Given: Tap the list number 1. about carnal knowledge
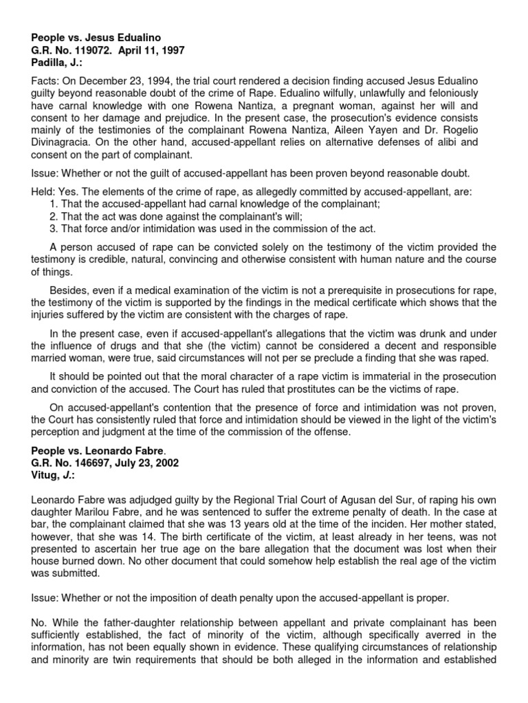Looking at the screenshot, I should point(56,204).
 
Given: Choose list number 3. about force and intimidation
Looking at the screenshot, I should point(56,229).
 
